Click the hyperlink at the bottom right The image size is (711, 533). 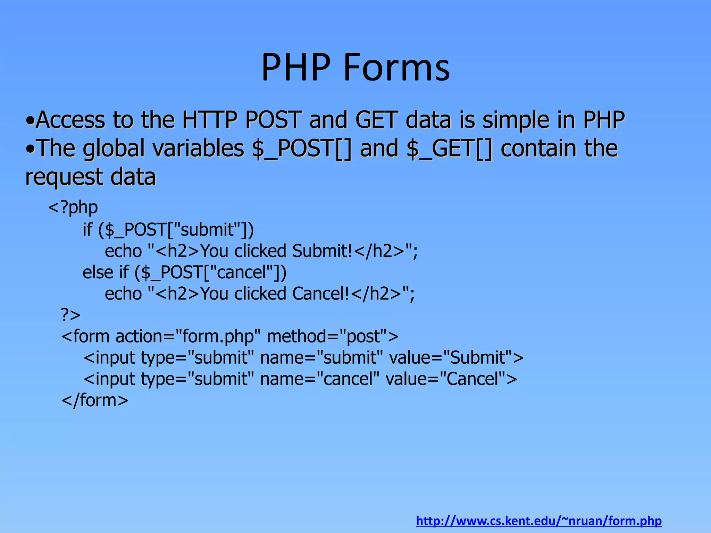point(539,521)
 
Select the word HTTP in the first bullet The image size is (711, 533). point(209,120)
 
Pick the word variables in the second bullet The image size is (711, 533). point(198,149)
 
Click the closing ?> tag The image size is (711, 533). point(71,315)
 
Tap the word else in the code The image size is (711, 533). point(98,272)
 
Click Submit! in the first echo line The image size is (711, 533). point(322,251)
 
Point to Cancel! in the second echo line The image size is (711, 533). point(321,294)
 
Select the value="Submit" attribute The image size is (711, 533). point(456,358)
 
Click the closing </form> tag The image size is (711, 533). point(95,400)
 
